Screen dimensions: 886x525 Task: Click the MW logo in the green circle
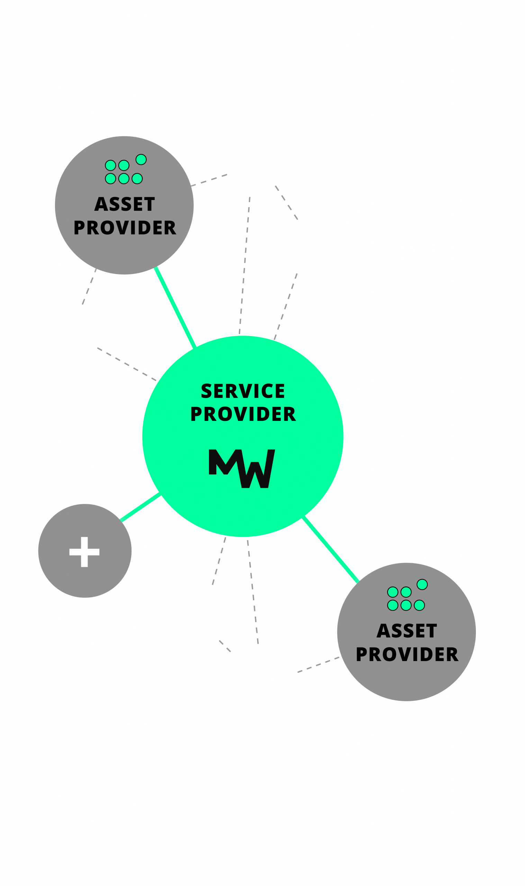coord(242,468)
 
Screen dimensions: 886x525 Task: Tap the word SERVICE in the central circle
coord(243,391)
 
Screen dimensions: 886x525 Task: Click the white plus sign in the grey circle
coord(84,552)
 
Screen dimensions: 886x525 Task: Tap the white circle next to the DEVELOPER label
coord(304,246)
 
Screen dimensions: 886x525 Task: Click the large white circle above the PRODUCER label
coord(259,682)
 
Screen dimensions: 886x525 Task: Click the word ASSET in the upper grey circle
coord(125,205)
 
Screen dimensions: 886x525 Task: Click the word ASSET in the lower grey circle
coord(407,631)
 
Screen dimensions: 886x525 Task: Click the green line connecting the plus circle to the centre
coord(141,507)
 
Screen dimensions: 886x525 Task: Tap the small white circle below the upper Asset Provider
coord(73,332)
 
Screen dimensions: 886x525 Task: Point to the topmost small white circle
coord(254,168)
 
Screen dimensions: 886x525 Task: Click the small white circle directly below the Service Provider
coord(205,613)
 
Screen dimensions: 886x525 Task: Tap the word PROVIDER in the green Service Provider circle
coord(243,414)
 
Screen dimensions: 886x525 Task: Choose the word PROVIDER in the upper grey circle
coord(125,228)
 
